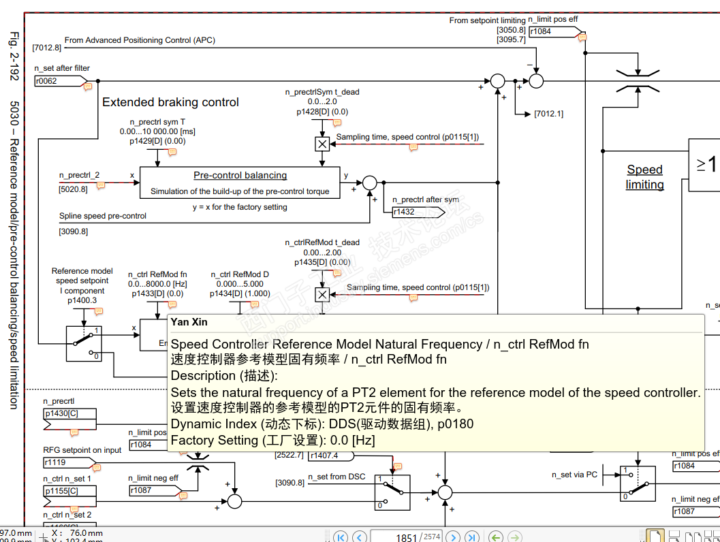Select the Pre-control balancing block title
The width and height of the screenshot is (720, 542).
coord(240,175)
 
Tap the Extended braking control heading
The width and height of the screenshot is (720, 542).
coord(170,102)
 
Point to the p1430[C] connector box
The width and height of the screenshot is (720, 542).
coord(69,414)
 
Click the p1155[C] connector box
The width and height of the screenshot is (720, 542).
coord(69,490)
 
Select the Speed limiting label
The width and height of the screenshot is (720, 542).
coord(644,177)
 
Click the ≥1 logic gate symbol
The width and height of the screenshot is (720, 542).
coord(705,164)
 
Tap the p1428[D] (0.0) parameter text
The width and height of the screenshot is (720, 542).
coord(322,112)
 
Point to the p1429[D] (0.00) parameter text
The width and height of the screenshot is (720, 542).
coord(157,141)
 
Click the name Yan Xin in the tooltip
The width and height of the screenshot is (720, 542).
coord(189,322)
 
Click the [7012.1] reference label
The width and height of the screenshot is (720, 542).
coord(548,114)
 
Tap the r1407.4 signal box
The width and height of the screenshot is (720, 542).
coord(332,456)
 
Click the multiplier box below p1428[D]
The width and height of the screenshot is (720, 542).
coord(322,144)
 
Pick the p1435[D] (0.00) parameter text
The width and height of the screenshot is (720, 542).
coord(322,262)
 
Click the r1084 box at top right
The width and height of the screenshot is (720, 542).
coord(550,31)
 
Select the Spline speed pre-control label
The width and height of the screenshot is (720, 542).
coord(103,216)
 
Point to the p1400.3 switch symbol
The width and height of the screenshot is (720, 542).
coord(84,343)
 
